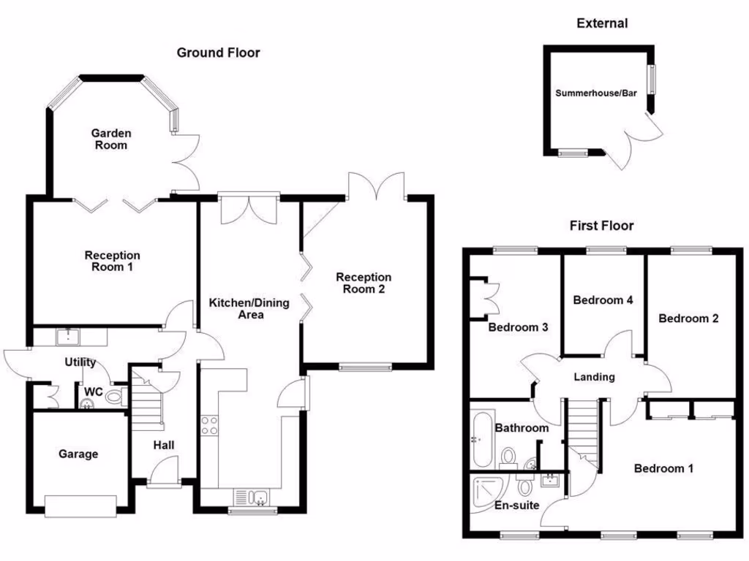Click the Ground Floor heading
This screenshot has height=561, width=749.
pos(218,53)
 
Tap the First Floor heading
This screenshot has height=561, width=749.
pos(601,226)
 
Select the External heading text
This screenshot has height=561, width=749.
pos(602,23)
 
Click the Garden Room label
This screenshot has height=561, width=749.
pos(111,139)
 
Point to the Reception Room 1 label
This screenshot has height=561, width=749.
pos(112,261)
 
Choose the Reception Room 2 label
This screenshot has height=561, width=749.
pos(364,283)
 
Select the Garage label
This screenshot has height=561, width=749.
pos(78,454)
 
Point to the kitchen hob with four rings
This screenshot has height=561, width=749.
pos(208,425)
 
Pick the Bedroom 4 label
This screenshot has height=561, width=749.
pos(602,300)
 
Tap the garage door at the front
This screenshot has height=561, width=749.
pos(80,505)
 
